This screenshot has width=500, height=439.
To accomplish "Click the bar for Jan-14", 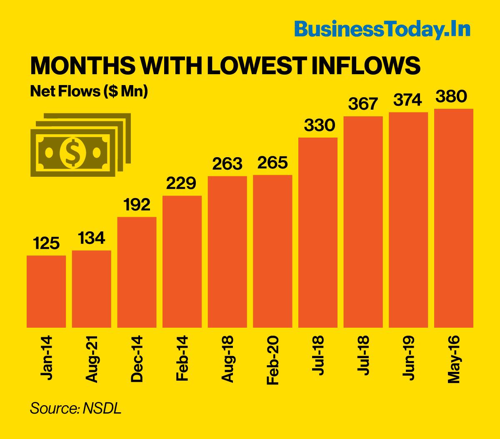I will click(x=46, y=291).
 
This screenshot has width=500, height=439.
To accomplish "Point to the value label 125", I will click(x=46, y=243).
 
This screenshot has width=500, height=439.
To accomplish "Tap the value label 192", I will click(x=137, y=205).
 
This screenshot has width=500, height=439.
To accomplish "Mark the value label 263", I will click(x=227, y=164).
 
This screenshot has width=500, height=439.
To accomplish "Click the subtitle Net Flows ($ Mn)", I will click(x=89, y=91).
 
